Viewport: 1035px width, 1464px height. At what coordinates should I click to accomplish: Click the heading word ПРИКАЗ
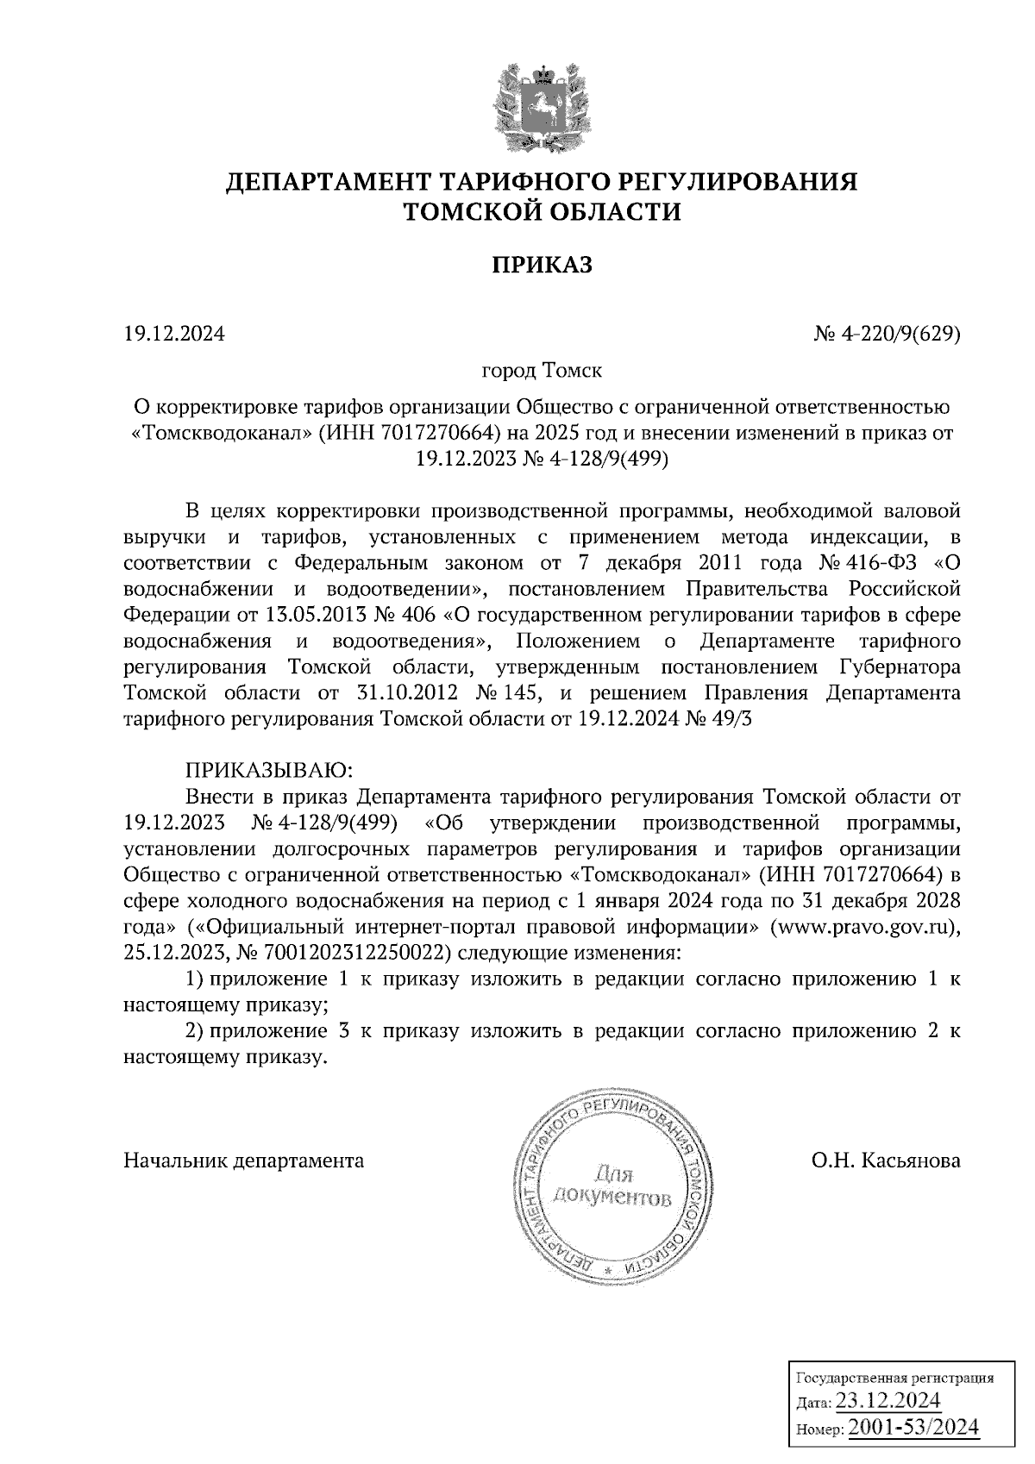point(542,266)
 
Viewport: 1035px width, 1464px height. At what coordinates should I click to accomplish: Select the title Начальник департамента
point(244,1161)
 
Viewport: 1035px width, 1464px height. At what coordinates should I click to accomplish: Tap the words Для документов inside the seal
point(612,1185)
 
